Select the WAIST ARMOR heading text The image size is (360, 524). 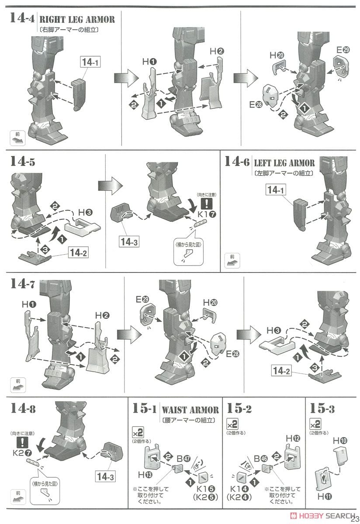(x=190, y=410)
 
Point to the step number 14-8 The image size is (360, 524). (x=24, y=409)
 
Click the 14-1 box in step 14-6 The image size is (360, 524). (x=279, y=190)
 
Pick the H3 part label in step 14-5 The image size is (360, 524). (x=85, y=212)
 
